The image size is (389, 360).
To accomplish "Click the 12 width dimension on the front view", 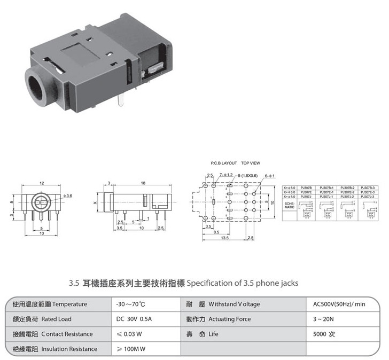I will click(x=41, y=183).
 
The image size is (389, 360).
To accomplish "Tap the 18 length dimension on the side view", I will click(x=143, y=183).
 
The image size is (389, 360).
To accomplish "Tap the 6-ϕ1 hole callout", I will click(x=269, y=175).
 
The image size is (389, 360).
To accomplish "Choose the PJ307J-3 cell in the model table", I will click(x=369, y=197).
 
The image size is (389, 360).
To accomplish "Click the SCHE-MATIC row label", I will click(x=289, y=205).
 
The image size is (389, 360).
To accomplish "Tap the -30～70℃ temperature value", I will click(x=130, y=304).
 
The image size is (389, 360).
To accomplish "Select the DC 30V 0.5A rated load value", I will click(x=134, y=319).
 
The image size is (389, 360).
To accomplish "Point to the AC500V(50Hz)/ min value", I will click(x=339, y=304).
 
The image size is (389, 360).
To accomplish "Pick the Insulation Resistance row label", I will click(x=55, y=349).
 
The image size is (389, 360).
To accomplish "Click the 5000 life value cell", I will click(x=324, y=334).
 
